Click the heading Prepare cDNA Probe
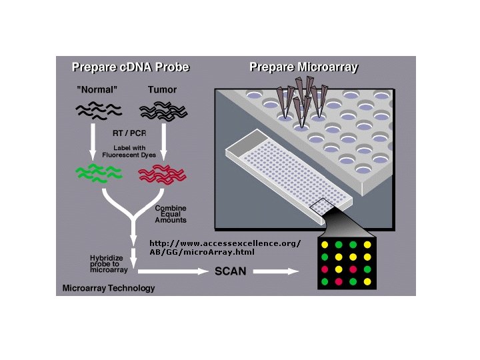point(130,67)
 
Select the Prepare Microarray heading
point(303,67)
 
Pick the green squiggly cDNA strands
point(97,174)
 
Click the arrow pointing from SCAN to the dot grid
point(275,271)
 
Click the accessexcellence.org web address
point(225,247)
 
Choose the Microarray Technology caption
point(108,289)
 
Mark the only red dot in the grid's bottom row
point(339,282)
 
